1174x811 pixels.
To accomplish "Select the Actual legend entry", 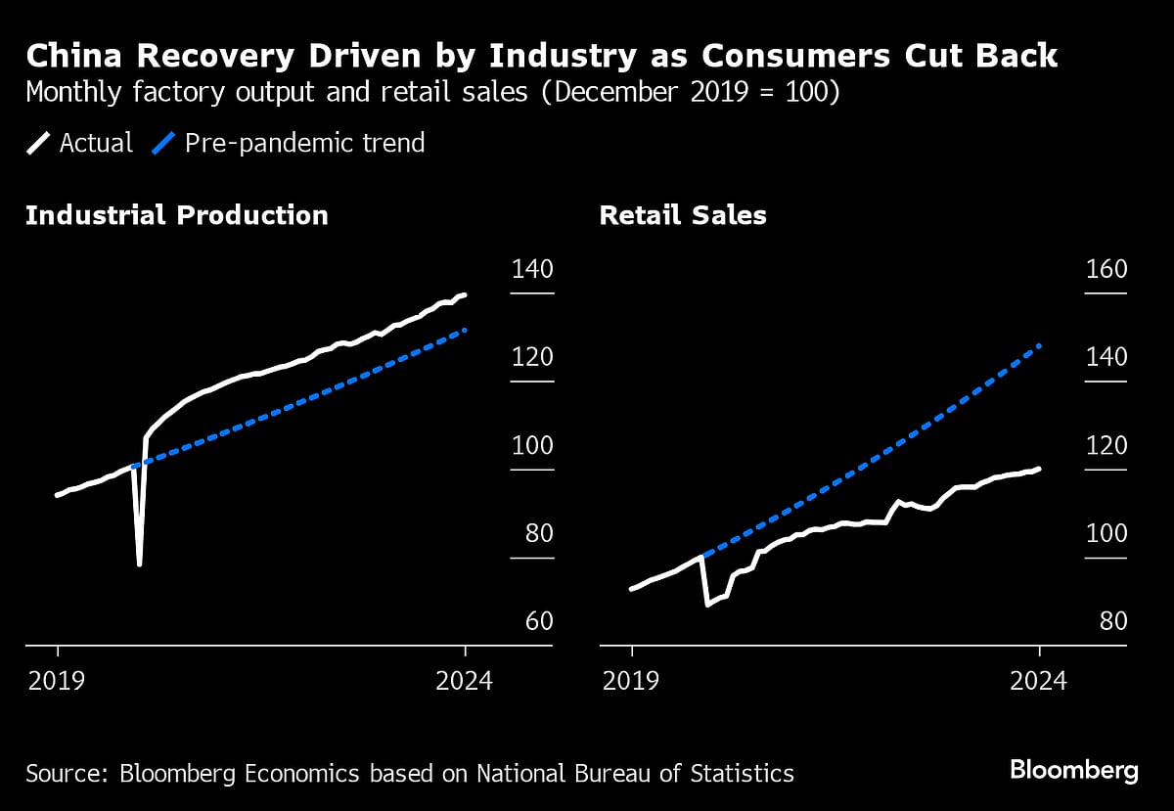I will (80, 143).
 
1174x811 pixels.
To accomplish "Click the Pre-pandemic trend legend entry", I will (289, 143).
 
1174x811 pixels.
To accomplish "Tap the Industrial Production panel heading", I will (177, 215).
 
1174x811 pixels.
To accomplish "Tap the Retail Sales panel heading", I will (683, 215).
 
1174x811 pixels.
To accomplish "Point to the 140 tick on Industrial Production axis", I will (532, 270).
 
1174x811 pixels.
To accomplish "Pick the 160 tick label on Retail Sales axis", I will (1106, 270).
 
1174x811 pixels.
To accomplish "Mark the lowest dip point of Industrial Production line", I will (140, 564).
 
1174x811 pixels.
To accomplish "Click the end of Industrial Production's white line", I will (465, 294).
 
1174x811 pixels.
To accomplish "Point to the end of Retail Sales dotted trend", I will (1039, 345).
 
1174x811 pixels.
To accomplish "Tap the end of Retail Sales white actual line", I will (1039, 469).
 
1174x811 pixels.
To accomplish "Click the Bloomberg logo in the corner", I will (1073, 771).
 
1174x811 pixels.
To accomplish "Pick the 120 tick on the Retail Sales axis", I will (1106, 446).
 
